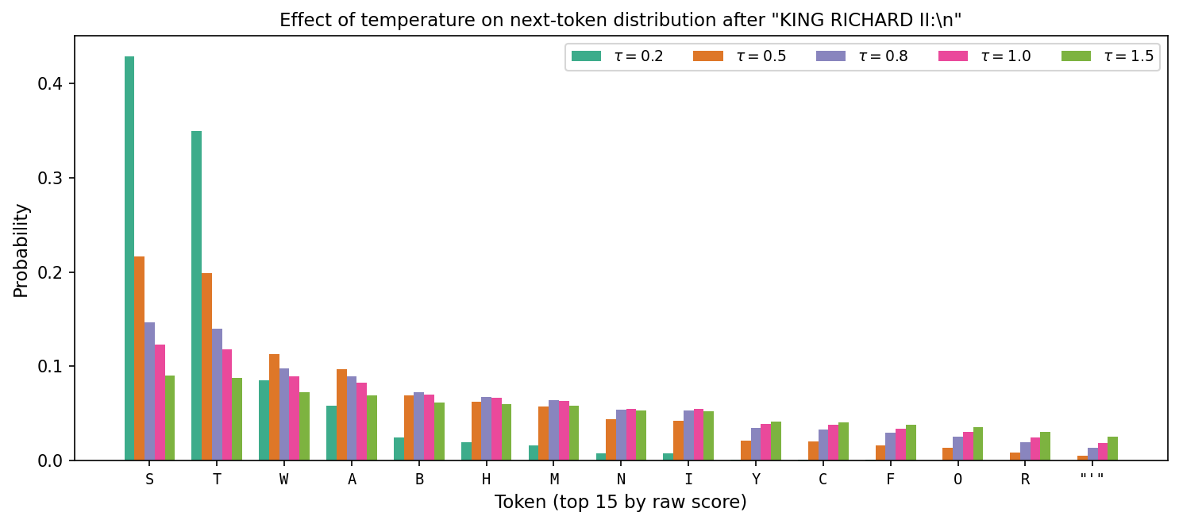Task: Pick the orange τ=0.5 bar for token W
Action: coord(274,407)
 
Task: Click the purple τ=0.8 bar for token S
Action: coord(149,391)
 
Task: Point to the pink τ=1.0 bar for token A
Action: coord(361,422)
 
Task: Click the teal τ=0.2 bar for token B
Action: coord(399,449)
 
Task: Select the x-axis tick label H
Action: coord(486,480)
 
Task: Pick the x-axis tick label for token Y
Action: coord(756,480)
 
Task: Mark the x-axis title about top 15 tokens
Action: coord(620,503)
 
